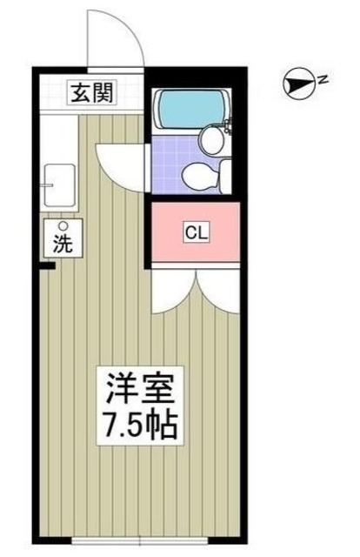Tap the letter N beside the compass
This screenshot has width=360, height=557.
[322, 81]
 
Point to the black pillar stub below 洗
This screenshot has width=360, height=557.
[50, 265]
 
